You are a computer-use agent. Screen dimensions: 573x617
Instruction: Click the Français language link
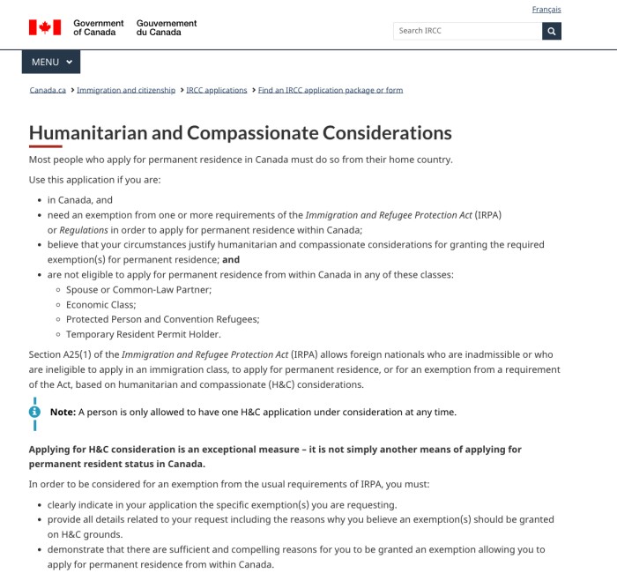546,10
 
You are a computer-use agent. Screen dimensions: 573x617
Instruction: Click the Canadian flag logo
45,28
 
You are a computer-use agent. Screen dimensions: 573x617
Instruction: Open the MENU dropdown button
51,62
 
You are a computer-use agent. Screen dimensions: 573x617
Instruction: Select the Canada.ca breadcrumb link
48,90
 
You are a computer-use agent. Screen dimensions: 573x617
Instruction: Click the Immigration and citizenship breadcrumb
126,90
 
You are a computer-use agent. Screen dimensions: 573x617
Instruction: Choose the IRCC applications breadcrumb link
217,90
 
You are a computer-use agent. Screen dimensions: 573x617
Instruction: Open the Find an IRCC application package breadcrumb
331,90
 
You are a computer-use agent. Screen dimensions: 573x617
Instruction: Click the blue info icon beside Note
35,412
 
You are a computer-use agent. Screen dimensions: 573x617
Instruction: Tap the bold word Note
63,412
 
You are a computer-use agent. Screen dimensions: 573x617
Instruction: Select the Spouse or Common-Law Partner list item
138,289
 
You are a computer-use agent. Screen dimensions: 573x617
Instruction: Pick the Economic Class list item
100,304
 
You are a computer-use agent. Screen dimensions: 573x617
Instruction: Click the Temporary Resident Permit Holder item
143,334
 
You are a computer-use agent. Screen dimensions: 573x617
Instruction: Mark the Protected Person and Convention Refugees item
162,319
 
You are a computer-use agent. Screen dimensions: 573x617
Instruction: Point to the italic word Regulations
84,229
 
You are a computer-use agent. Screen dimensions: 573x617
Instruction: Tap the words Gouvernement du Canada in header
167,28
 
